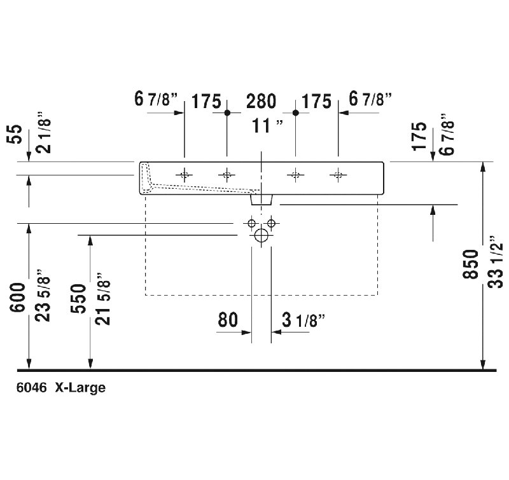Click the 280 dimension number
(261, 101)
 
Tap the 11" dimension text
(267, 126)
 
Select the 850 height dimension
(470, 264)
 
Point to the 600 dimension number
(17, 298)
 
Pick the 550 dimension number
(78, 298)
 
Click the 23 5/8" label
(43, 295)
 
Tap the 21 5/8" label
(103, 298)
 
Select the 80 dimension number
(228, 320)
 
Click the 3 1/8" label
(303, 320)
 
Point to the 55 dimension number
(14, 134)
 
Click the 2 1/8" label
(43, 132)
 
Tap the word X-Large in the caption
(80, 388)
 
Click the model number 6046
(31, 388)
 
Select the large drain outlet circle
(261, 235)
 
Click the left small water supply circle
(251, 223)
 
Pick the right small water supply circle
(272, 223)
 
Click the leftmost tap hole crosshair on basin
(185, 175)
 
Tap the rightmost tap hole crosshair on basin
(338, 175)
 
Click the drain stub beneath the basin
(261, 200)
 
